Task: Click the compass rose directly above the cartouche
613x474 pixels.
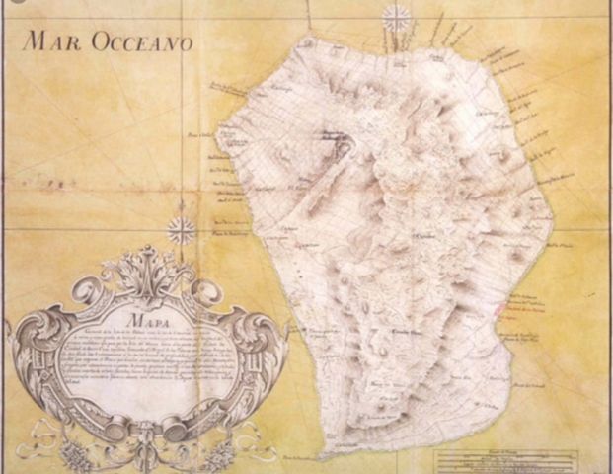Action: (182, 231)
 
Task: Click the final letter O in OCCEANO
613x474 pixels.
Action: (185, 43)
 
